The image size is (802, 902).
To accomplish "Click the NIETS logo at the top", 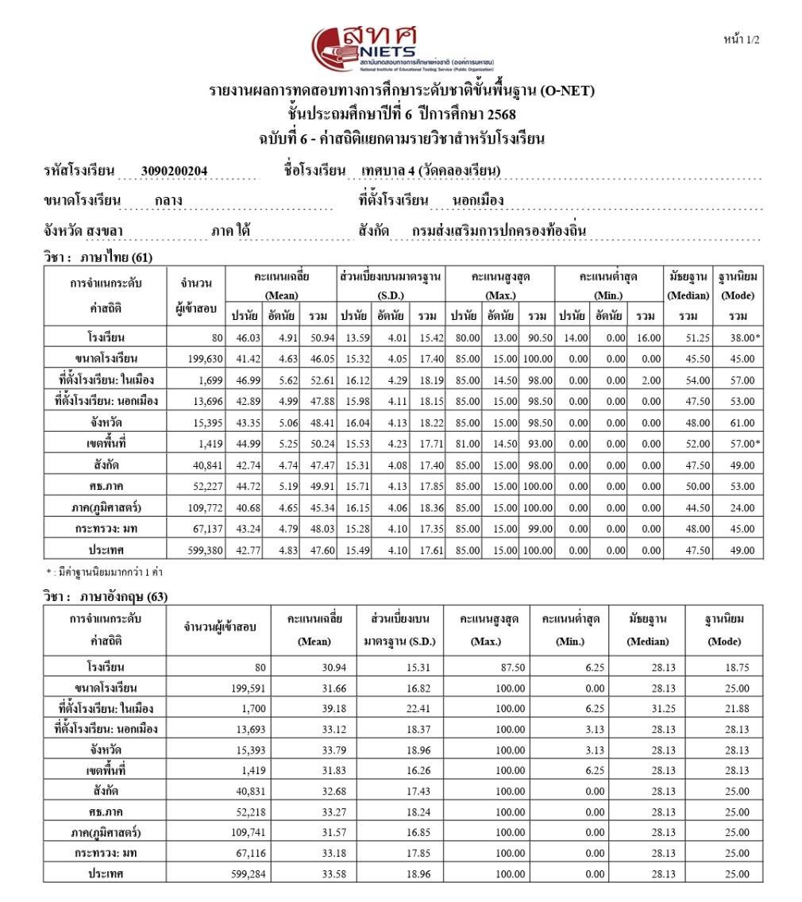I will tap(401, 49).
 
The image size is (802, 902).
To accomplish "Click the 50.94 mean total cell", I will tap(320, 338).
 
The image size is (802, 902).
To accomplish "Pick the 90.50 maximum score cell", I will tap(538, 338).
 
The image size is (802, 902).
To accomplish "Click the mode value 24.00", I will tap(741, 507).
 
